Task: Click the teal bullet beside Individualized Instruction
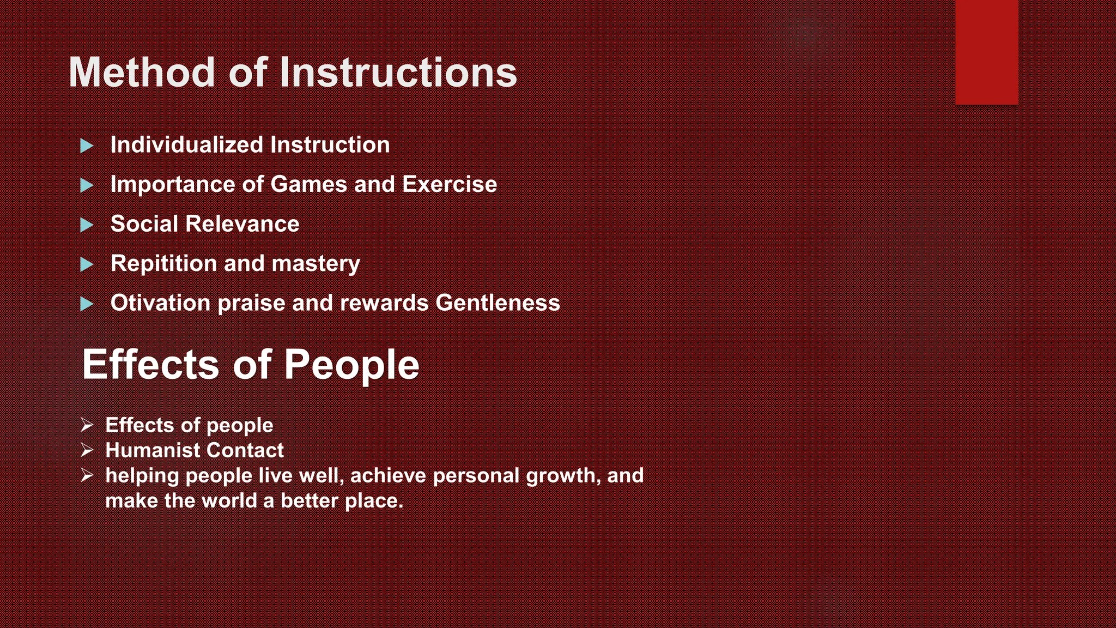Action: click(x=87, y=146)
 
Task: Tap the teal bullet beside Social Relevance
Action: click(x=87, y=225)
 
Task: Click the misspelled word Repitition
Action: click(x=163, y=264)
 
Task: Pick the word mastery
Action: click(x=316, y=264)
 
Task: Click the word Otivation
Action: click(x=160, y=303)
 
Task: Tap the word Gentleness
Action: click(x=498, y=303)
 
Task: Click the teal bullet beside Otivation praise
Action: click(x=87, y=304)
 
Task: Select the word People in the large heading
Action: click(x=351, y=365)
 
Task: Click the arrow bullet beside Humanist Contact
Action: click(x=87, y=450)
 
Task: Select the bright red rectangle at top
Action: click(x=986, y=52)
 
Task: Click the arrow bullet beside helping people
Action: click(x=87, y=475)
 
